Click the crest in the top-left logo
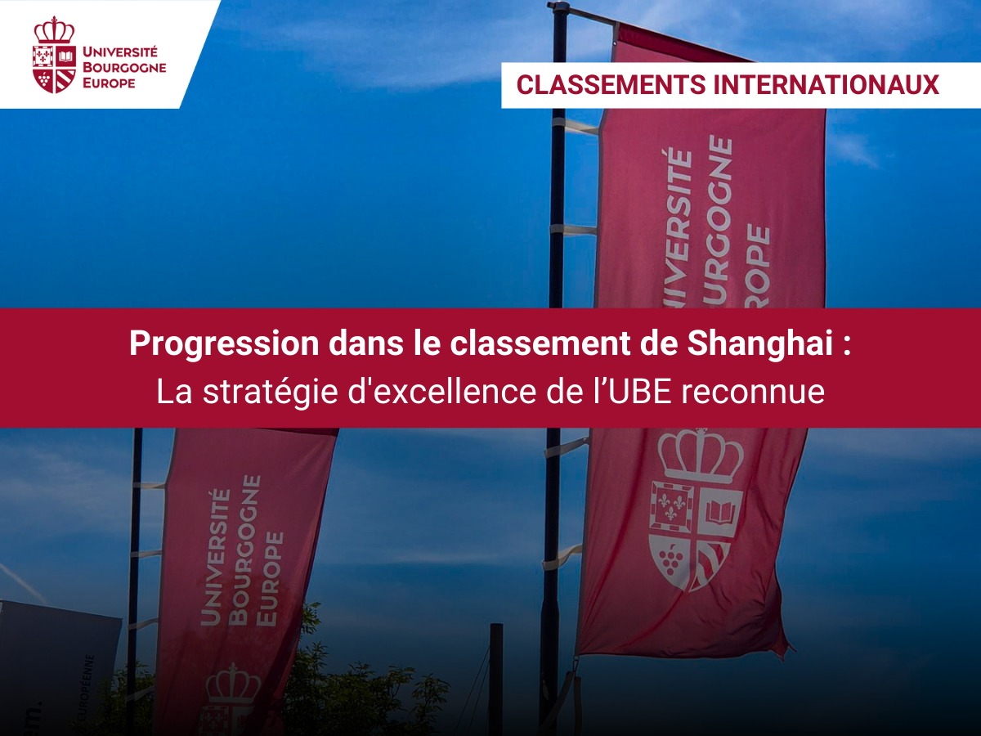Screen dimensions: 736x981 click(x=54, y=55)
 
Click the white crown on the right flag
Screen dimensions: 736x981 click(x=701, y=455)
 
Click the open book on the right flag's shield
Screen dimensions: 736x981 click(x=723, y=513)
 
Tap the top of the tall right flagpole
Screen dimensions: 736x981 click(x=559, y=8)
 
